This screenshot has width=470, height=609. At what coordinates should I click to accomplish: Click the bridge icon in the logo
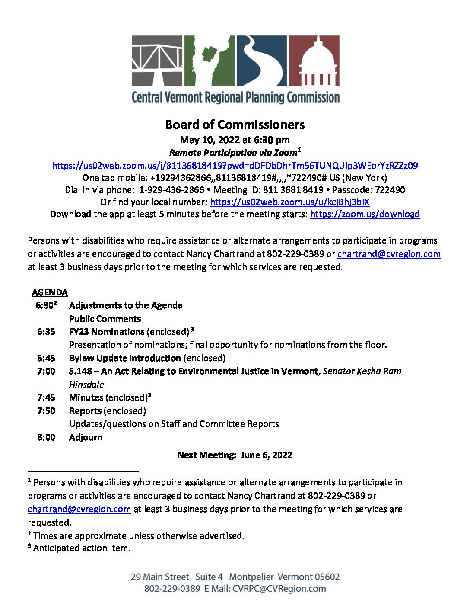point(157,60)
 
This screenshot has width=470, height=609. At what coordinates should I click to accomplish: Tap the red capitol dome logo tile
point(314,60)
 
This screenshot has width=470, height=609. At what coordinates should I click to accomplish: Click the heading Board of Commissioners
point(235,125)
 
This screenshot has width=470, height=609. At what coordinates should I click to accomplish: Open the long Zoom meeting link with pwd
point(235,166)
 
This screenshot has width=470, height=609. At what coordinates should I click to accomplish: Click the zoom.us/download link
point(365,214)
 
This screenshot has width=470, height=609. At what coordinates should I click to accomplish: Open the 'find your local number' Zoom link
point(289,202)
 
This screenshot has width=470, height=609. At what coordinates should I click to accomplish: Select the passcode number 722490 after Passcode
point(390,190)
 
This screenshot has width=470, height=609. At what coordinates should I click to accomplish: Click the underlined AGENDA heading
point(50,293)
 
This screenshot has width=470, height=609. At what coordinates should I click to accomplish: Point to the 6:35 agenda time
point(46,332)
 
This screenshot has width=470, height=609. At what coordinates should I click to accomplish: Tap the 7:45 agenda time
point(46,397)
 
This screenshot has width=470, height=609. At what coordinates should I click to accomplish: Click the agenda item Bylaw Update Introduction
point(125,358)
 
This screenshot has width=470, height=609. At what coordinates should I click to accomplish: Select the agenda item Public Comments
point(105,319)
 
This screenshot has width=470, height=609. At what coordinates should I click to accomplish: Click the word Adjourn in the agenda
point(86,437)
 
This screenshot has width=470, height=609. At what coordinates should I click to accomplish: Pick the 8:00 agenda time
point(46,437)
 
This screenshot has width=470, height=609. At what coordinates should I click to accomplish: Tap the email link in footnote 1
point(79,509)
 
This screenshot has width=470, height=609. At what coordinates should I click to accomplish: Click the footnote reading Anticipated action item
point(81,548)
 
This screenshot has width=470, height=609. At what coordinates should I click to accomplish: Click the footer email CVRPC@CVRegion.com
point(279,589)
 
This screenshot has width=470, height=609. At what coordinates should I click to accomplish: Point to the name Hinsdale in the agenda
point(86,385)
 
